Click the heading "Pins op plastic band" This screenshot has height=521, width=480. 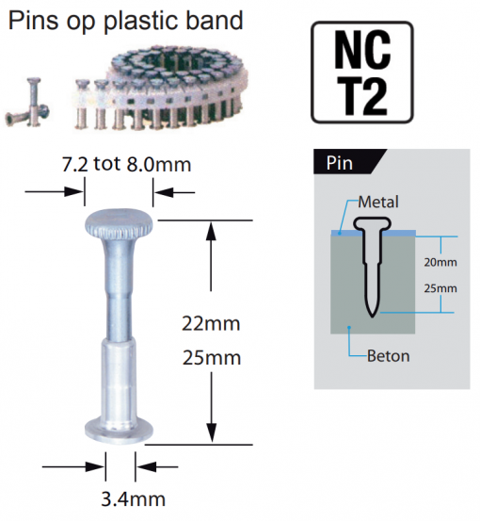pos(125,21)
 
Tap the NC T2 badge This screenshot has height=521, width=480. pos(361,73)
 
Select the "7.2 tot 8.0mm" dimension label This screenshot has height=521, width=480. pos(126,164)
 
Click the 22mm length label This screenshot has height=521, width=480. pos(211,324)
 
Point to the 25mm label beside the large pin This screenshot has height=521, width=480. pos(212,358)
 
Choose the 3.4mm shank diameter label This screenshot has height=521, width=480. pos(133,499)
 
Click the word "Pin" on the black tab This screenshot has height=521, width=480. pos(339,163)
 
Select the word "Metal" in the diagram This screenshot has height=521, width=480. pos(378,202)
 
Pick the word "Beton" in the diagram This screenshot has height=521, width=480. pos(389,356)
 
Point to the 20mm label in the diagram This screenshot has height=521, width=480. pos(440,262)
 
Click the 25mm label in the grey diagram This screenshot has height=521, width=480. pos(440,288)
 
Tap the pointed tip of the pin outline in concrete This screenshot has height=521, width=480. pos(372,316)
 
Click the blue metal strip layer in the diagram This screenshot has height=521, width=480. pos(373,233)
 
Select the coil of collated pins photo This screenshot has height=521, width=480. pos(159,87)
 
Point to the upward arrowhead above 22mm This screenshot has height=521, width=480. pos(211,232)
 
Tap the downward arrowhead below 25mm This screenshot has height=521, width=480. pos(212,432)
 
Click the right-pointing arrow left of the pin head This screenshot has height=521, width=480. pos(54,191)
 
